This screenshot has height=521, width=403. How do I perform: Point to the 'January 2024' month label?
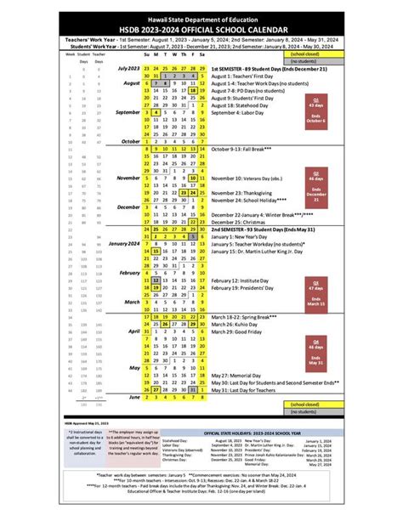pyautogui.click(x=122, y=243)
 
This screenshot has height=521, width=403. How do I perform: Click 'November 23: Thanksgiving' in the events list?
pyautogui.click(x=249, y=193)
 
